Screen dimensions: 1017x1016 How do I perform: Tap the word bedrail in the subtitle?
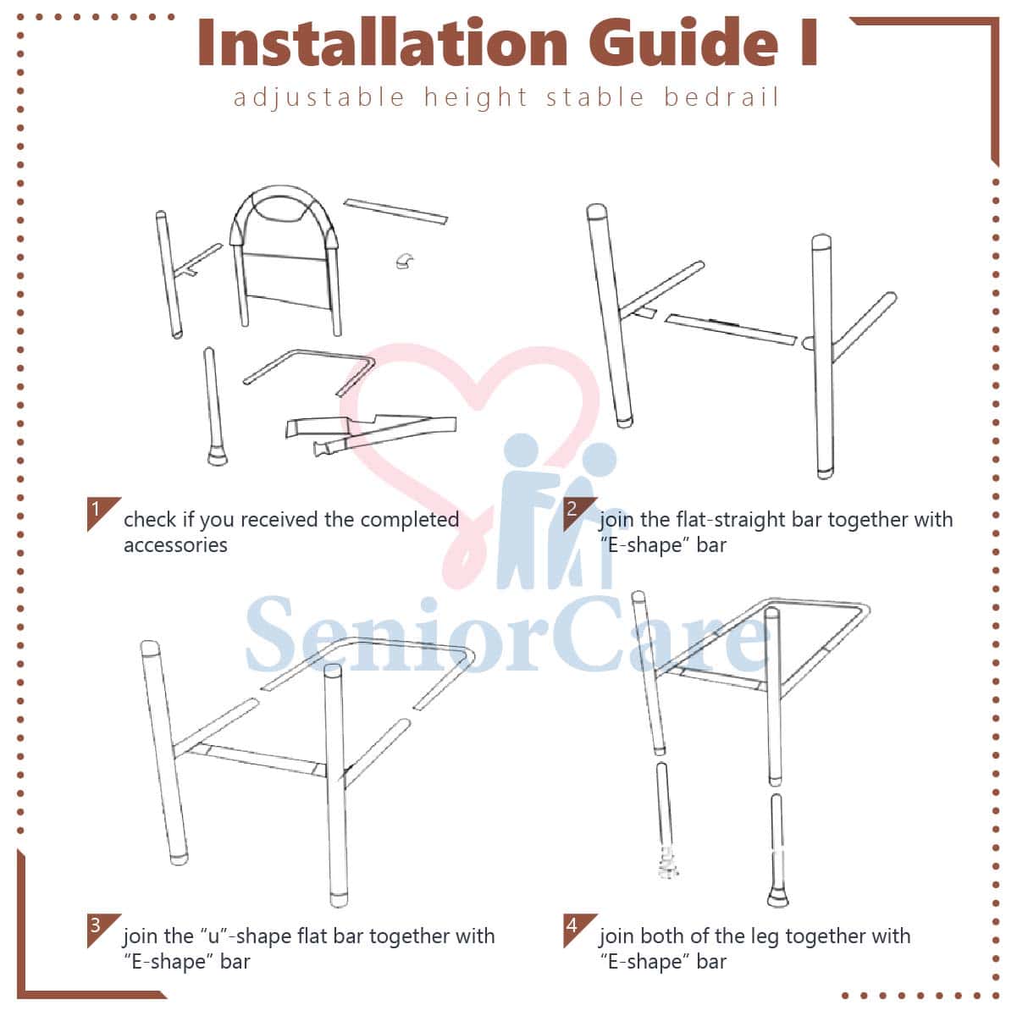[721, 97]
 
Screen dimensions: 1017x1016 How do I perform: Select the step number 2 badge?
[579, 514]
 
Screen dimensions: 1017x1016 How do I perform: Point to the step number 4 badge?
[579, 930]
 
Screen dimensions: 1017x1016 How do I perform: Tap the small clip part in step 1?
[405, 260]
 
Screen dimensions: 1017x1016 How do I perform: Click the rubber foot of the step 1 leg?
[217, 456]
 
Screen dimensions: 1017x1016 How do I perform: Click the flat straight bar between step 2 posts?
[731, 329]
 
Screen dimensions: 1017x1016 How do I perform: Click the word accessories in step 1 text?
[175, 545]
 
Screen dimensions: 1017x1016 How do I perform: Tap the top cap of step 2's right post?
[821, 244]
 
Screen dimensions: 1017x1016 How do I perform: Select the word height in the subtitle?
[476, 98]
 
